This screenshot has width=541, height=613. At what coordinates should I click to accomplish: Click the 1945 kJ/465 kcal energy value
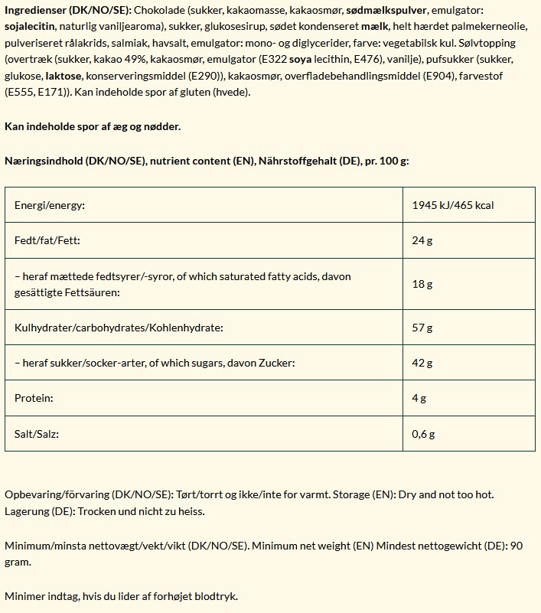coord(452,206)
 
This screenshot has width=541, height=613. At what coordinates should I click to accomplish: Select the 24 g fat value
coord(422,240)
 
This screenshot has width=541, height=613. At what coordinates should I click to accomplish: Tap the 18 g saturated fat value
coord(422,284)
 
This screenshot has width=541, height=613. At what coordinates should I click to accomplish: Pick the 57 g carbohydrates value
coord(422,328)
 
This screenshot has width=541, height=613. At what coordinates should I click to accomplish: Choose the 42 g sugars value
coord(422,363)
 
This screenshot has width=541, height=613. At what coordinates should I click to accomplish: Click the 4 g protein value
coord(419,398)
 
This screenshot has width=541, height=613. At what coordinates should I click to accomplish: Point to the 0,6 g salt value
coord(423,434)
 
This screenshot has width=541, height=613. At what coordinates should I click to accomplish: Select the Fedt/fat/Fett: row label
coord(47,240)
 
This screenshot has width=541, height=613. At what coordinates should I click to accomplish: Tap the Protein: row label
coord(34,398)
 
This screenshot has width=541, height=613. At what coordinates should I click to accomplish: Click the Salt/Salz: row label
coord(37,434)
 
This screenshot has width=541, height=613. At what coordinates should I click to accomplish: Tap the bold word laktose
coord(63,77)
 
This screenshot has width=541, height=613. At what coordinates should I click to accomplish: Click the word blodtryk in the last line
coord(222,596)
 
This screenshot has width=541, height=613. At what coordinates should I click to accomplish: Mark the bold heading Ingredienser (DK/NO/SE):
coord(67,11)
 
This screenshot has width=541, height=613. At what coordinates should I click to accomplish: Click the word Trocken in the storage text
coord(97,511)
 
